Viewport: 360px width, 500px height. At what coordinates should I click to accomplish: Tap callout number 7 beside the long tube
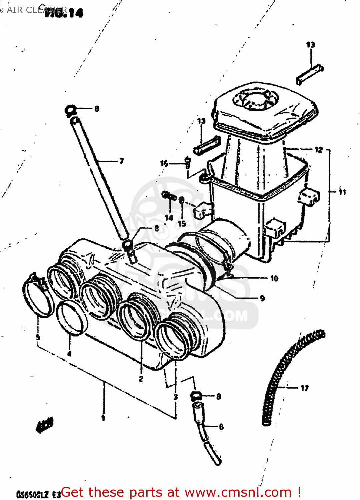coord(122,161)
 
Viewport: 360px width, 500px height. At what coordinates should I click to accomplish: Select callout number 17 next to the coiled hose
coord(304,388)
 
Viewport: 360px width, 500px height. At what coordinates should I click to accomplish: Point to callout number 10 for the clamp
coord(274,278)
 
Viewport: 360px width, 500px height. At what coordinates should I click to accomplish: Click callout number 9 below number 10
coord(262,298)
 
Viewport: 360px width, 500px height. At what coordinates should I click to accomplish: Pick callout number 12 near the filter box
coord(319,150)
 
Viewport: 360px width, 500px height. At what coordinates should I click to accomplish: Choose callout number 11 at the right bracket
coord(342,192)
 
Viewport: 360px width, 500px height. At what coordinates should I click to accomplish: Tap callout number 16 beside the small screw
coord(164,163)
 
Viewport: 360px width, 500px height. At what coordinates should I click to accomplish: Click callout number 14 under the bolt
coord(169,218)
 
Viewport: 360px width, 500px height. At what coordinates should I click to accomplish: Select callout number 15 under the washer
coord(182,223)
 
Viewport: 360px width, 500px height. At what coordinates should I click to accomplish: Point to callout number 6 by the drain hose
coord(221,427)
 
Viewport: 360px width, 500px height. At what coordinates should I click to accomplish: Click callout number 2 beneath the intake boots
coord(141,379)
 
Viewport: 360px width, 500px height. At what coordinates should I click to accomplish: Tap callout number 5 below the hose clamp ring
coord(38,337)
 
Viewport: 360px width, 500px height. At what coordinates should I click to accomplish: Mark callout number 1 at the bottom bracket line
coord(103,418)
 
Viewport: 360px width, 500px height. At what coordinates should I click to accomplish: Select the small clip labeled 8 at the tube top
coord(70,109)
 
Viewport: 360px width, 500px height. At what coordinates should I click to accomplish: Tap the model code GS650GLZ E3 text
coord(38,494)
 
